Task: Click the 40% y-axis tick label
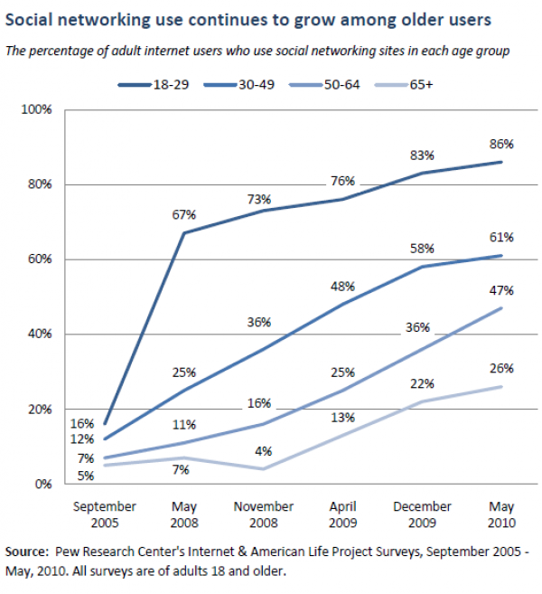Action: [x=40, y=334]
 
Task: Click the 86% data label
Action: [x=502, y=144]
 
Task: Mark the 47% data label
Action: [x=502, y=290]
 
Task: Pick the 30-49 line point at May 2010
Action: [x=502, y=255]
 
